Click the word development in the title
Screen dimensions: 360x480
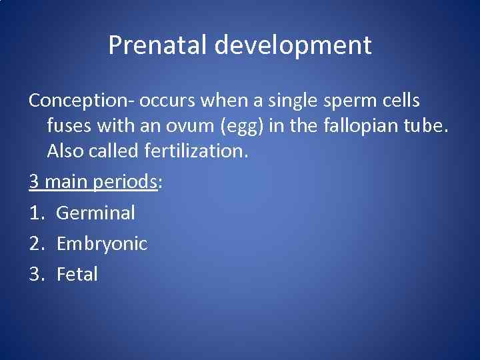293,46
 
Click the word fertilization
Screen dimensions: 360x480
196,151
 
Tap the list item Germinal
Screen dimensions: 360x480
95,213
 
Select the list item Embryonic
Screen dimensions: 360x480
101,244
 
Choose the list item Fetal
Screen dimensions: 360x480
77,274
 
